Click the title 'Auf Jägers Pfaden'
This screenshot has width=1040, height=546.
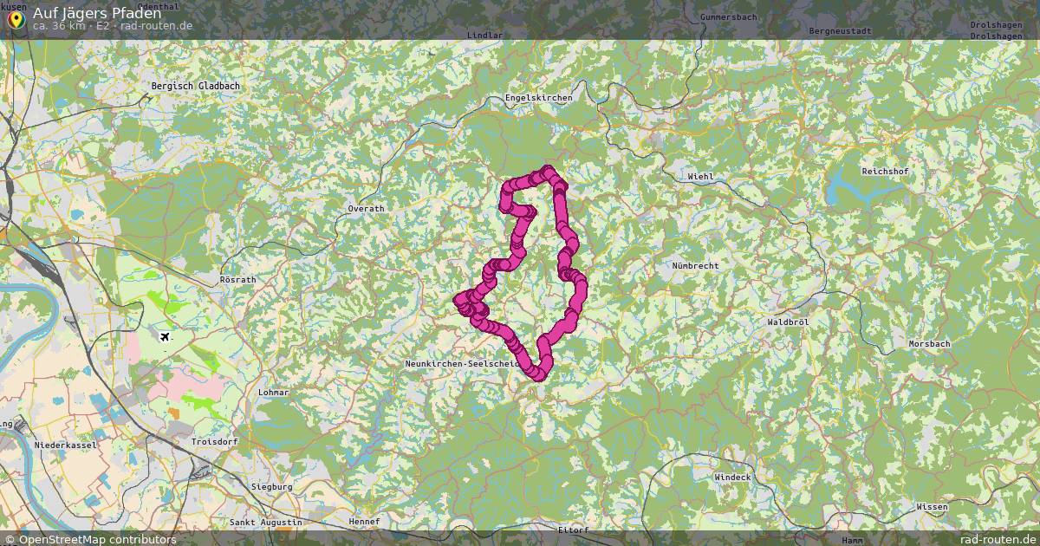tap(97, 13)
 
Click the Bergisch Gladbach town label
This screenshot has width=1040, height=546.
tap(195, 86)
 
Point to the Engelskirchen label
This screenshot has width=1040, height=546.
tap(538, 98)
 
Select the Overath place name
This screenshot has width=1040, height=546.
tap(365, 209)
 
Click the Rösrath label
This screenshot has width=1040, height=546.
tap(237, 280)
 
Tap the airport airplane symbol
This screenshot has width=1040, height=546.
tap(164, 336)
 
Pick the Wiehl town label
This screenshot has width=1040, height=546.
tap(700, 176)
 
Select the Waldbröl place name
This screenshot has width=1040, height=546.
tap(787, 322)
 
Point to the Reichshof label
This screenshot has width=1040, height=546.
tap(883, 172)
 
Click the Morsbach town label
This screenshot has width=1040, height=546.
tap(929, 343)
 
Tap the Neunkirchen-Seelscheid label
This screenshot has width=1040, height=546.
tap(462, 364)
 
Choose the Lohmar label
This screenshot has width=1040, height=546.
tap(273, 393)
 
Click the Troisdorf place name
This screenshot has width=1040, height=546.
tap(215, 442)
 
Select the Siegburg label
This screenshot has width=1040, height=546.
tap(271, 487)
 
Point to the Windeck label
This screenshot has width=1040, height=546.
tap(732, 478)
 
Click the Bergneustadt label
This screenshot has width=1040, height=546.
tap(839, 30)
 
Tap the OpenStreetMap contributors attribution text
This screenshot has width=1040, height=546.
tap(97, 539)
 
